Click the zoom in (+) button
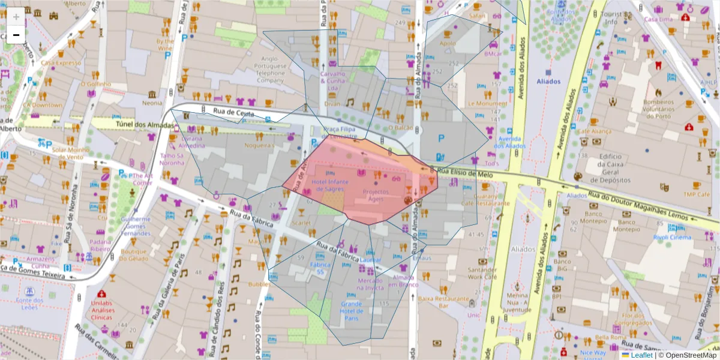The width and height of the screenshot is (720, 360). click(x=16, y=17)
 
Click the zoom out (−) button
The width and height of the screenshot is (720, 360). click(x=16, y=35)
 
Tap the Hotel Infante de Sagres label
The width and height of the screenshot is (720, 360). click(x=328, y=185)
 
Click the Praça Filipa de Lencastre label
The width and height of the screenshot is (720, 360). click(x=340, y=133)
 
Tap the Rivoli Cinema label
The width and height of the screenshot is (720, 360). click(x=672, y=237)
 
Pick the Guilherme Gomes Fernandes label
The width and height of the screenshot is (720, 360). click(x=136, y=226)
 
